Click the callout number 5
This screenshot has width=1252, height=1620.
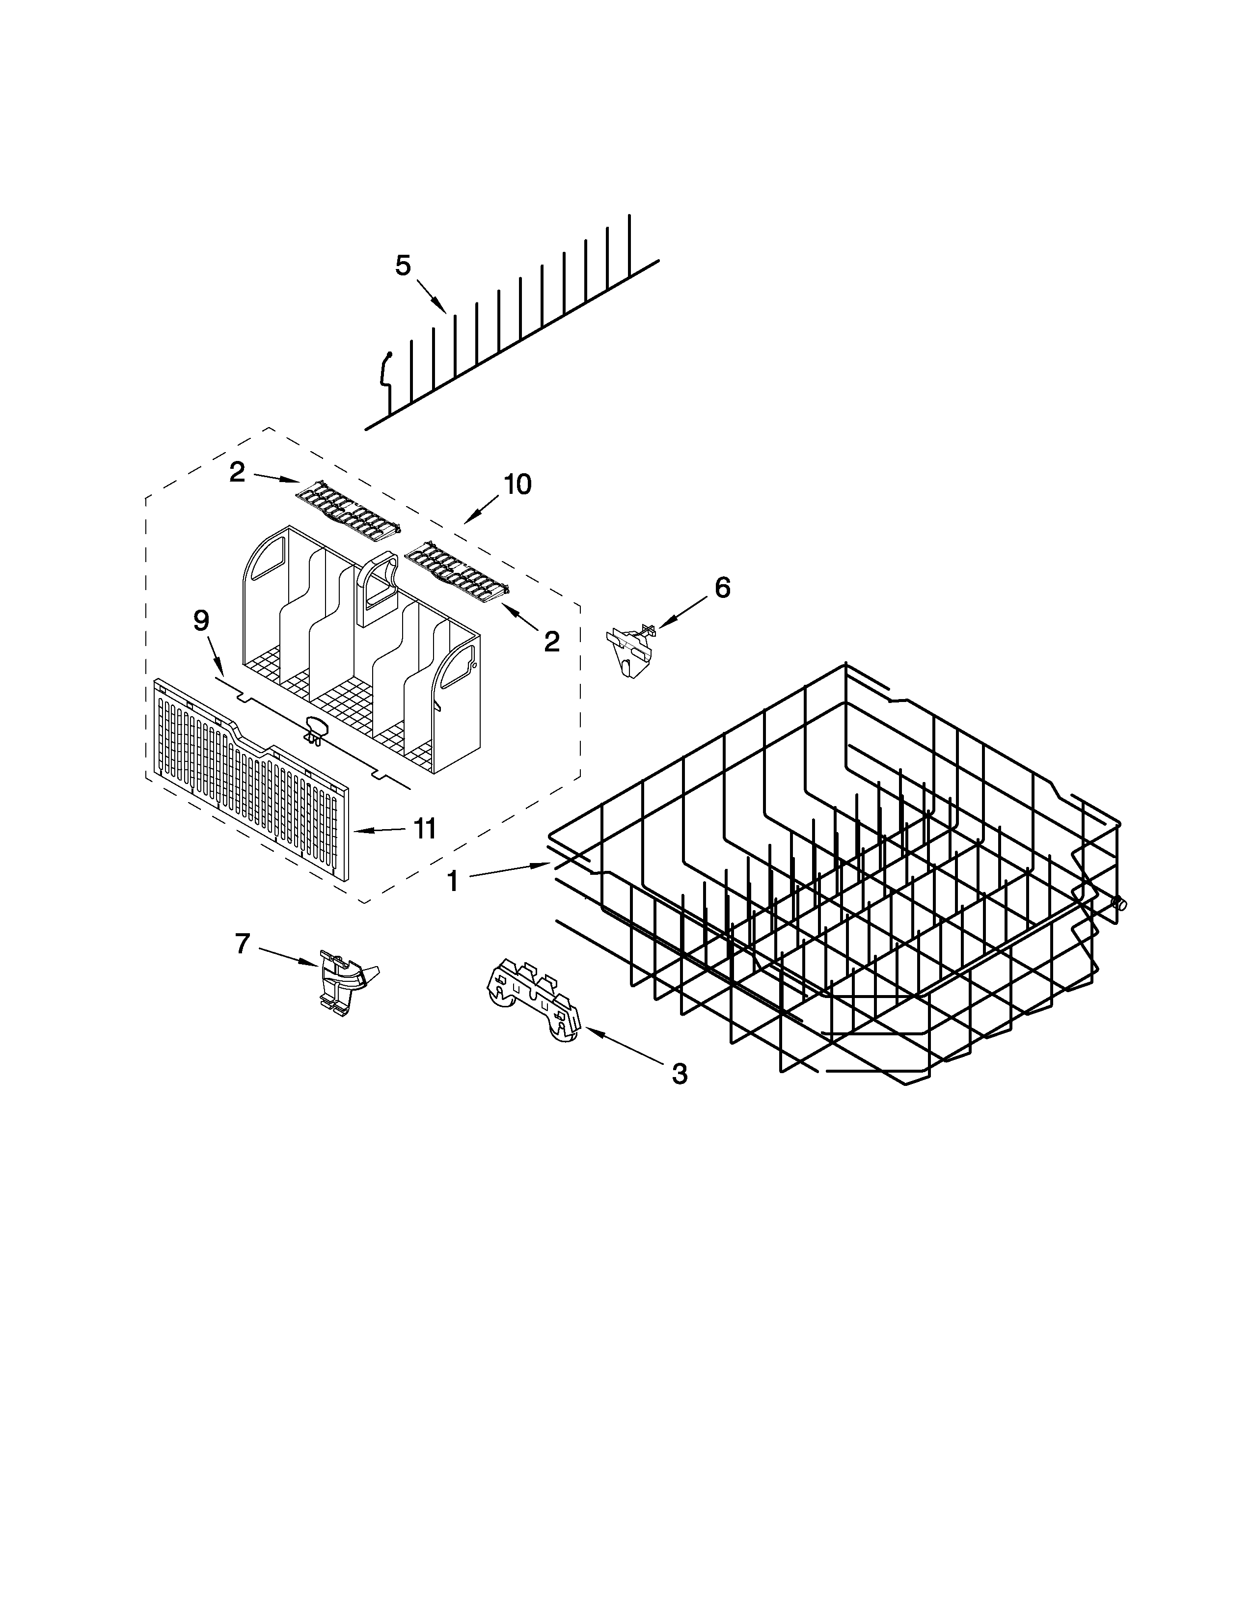pyautogui.click(x=403, y=266)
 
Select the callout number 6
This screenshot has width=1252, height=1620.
pyautogui.click(x=722, y=588)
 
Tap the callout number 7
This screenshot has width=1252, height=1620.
pyautogui.click(x=243, y=944)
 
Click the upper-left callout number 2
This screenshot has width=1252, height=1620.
pyautogui.click(x=237, y=472)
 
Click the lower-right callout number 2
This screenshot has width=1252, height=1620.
pyautogui.click(x=551, y=642)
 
